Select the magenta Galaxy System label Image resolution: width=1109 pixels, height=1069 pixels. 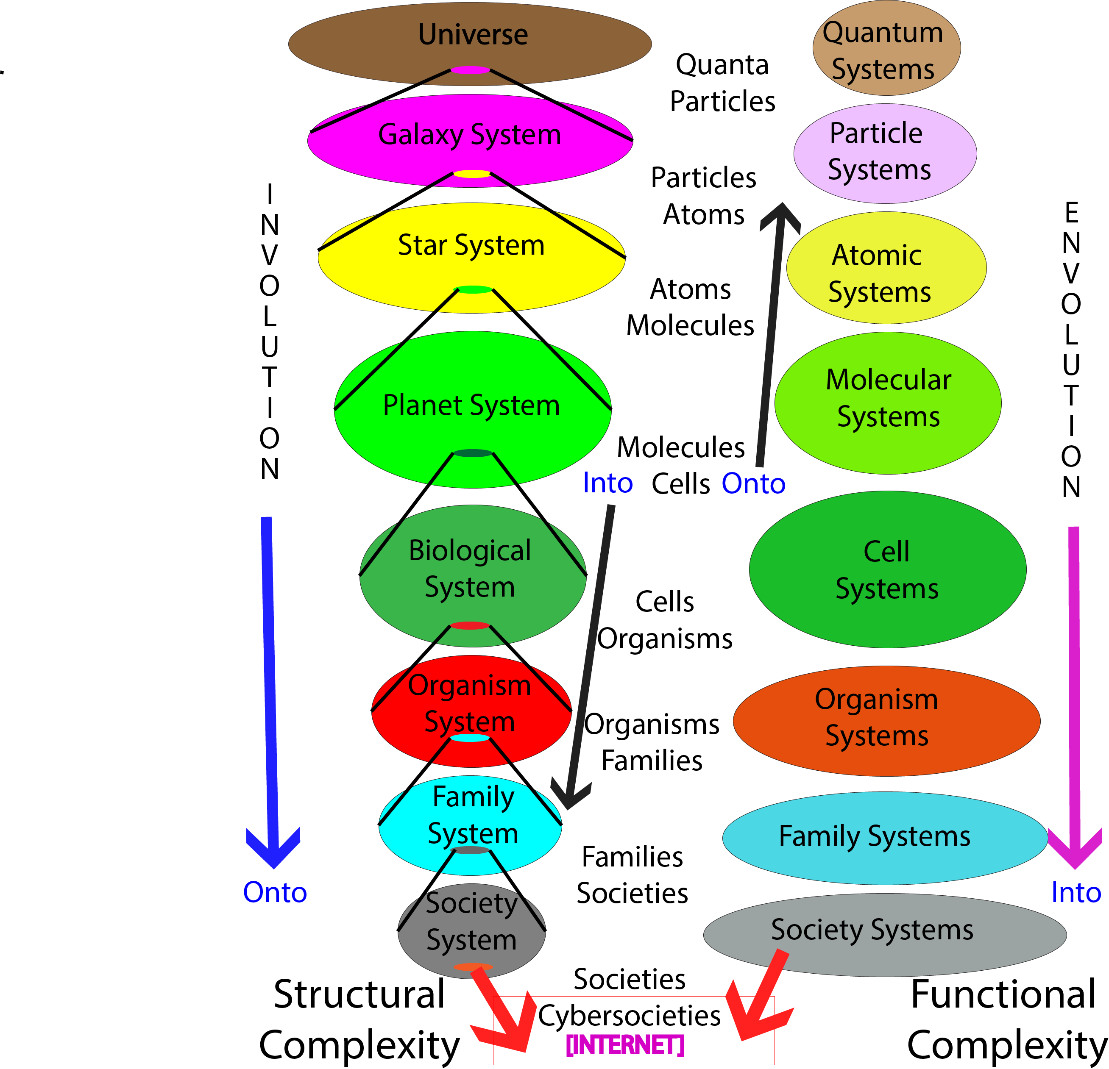coord(470,135)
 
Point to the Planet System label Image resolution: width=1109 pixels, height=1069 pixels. coord(471,405)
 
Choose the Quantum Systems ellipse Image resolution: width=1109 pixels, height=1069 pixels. coord(886,50)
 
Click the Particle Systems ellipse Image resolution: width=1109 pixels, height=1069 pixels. coord(884,153)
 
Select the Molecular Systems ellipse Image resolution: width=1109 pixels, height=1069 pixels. coord(887,403)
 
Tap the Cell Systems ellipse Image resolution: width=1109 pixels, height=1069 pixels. coord(887,569)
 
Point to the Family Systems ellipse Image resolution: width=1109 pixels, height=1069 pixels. coord(884,837)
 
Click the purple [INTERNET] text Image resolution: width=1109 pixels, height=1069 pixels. coord(625,1045)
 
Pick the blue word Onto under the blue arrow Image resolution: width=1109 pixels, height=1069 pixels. coord(275,893)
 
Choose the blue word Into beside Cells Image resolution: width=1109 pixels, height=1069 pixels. coord(607,483)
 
